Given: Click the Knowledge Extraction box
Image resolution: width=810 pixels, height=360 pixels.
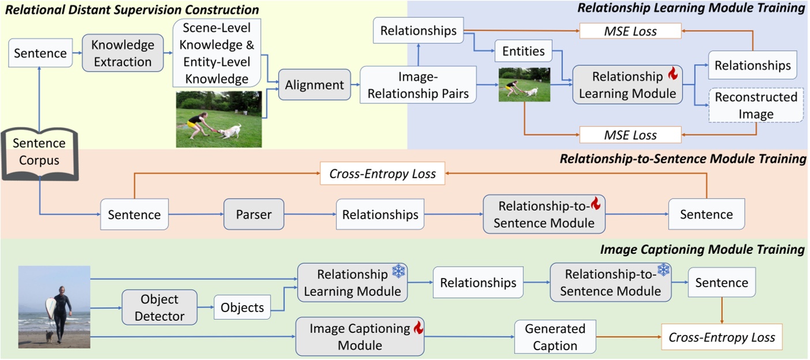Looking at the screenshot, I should tap(122, 53).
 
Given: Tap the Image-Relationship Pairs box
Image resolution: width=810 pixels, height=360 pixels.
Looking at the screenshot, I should tap(418, 84).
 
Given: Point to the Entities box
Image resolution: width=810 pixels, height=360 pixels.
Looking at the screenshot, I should tap(523, 51).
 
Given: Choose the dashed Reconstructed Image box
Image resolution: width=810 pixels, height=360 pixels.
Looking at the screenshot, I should tap(756, 106).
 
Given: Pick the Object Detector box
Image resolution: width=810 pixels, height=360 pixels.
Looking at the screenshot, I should tap(159, 307).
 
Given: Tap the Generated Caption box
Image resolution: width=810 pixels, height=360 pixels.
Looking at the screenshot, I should tap(554, 337).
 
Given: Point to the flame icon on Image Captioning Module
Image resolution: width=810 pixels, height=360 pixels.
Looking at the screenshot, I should tap(418, 328).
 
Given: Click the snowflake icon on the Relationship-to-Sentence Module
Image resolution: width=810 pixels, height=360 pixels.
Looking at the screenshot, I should tap(663, 270).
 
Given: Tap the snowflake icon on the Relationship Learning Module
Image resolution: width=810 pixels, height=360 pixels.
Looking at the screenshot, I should tap(399, 271).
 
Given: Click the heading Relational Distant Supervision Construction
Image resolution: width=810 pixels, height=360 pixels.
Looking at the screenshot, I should tap(132, 10).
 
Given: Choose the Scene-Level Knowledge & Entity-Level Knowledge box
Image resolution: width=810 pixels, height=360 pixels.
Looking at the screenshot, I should tap(217, 52).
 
